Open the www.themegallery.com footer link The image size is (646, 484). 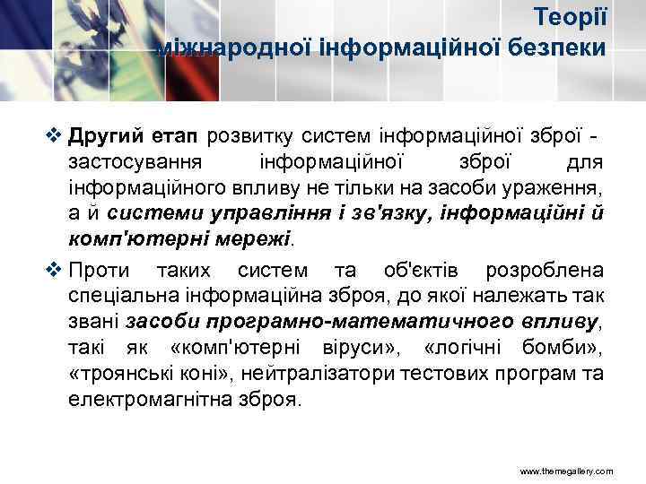[564, 470]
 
